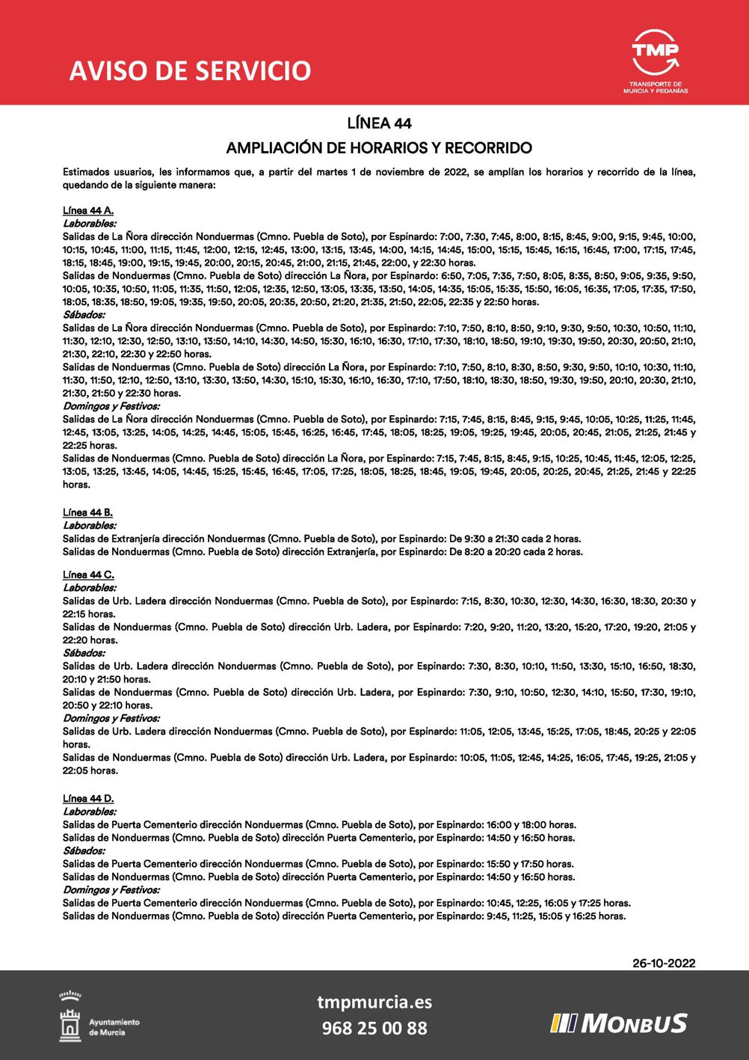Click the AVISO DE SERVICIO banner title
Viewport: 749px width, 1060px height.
(x=190, y=70)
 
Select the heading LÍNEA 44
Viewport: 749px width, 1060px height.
(x=379, y=123)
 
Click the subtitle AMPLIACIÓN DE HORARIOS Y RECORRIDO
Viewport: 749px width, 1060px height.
(x=379, y=148)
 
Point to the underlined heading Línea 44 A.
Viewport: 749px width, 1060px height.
(x=88, y=211)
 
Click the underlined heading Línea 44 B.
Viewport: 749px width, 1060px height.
(x=88, y=512)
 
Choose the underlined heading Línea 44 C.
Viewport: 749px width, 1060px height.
(x=88, y=575)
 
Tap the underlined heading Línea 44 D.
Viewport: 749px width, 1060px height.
(x=88, y=798)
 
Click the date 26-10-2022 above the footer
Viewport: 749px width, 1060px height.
(x=664, y=963)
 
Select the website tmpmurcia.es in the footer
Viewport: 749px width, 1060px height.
(x=374, y=1002)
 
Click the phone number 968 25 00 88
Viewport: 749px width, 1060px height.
(x=374, y=1028)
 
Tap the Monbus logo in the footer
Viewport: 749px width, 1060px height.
(x=619, y=1023)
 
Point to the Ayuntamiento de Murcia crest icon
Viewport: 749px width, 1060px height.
(x=70, y=1017)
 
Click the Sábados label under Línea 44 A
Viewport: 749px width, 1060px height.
(x=84, y=315)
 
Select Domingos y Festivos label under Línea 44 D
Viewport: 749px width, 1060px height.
(x=111, y=890)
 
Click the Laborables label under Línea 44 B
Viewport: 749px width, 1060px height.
(x=89, y=526)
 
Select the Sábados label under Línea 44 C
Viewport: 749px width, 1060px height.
(x=84, y=653)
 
